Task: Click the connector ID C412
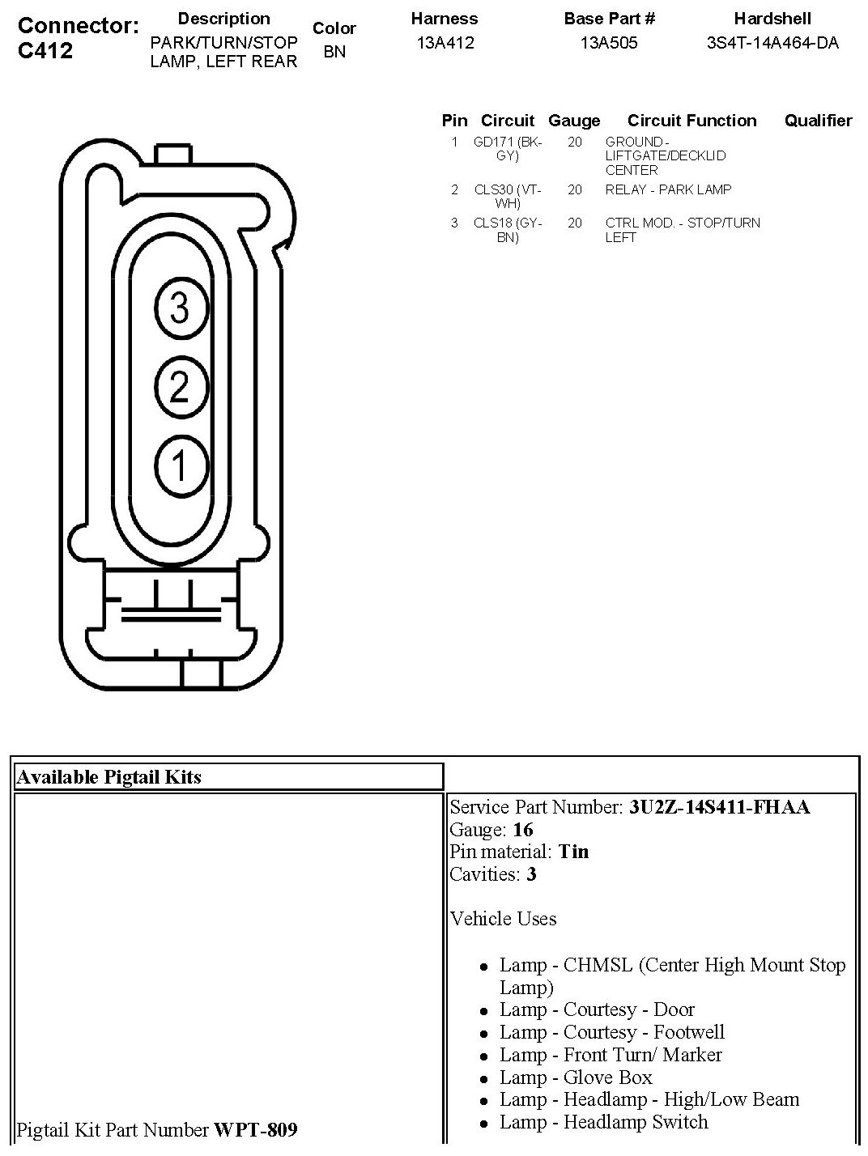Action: tap(45, 51)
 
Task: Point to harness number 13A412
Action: tap(445, 44)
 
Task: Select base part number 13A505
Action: tap(609, 44)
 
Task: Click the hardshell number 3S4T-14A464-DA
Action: tap(772, 44)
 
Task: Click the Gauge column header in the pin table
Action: tap(574, 121)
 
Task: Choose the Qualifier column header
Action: tap(818, 121)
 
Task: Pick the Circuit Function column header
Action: tap(691, 121)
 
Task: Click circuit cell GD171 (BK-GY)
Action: tap(508, 149)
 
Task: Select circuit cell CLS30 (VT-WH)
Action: tap(508, 197)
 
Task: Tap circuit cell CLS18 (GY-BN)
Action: tap(508, 230)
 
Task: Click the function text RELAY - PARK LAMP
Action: tap(668, 189)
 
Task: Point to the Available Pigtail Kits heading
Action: tap(109, 777)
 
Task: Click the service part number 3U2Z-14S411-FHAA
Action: tap(719, 807)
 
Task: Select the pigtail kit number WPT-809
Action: tap(255, 1129)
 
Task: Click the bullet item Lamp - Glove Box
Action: tap(575, 1077)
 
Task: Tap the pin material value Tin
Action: tap(573, 852)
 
